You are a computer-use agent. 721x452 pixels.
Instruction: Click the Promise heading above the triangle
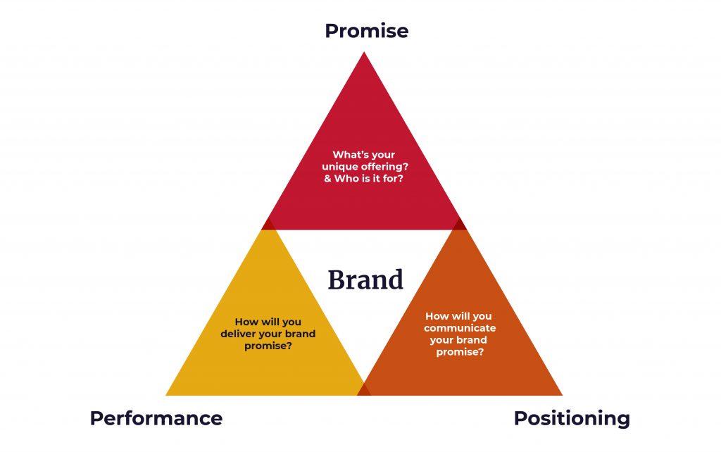point(366,31)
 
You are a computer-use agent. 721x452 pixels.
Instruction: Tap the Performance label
point(156,418)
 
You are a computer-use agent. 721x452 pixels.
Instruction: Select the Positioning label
point(571,418)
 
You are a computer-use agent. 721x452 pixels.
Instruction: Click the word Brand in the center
point(365,280)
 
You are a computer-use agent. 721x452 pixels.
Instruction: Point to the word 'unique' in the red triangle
point(340,166)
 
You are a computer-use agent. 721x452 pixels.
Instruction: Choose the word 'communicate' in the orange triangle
point(460,328)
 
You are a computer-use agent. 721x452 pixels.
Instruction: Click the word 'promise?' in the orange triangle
point(460,351)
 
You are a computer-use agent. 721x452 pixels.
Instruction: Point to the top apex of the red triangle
point(363,54)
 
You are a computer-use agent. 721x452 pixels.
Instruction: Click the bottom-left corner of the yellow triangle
point(168,394)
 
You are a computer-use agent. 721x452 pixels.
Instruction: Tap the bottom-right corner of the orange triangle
point(560,394)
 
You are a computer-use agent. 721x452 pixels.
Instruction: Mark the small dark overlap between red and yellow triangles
point(268,225)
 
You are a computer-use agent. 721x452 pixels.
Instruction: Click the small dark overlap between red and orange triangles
point(459,225)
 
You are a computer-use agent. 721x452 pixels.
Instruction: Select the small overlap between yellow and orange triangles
point(364,389)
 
